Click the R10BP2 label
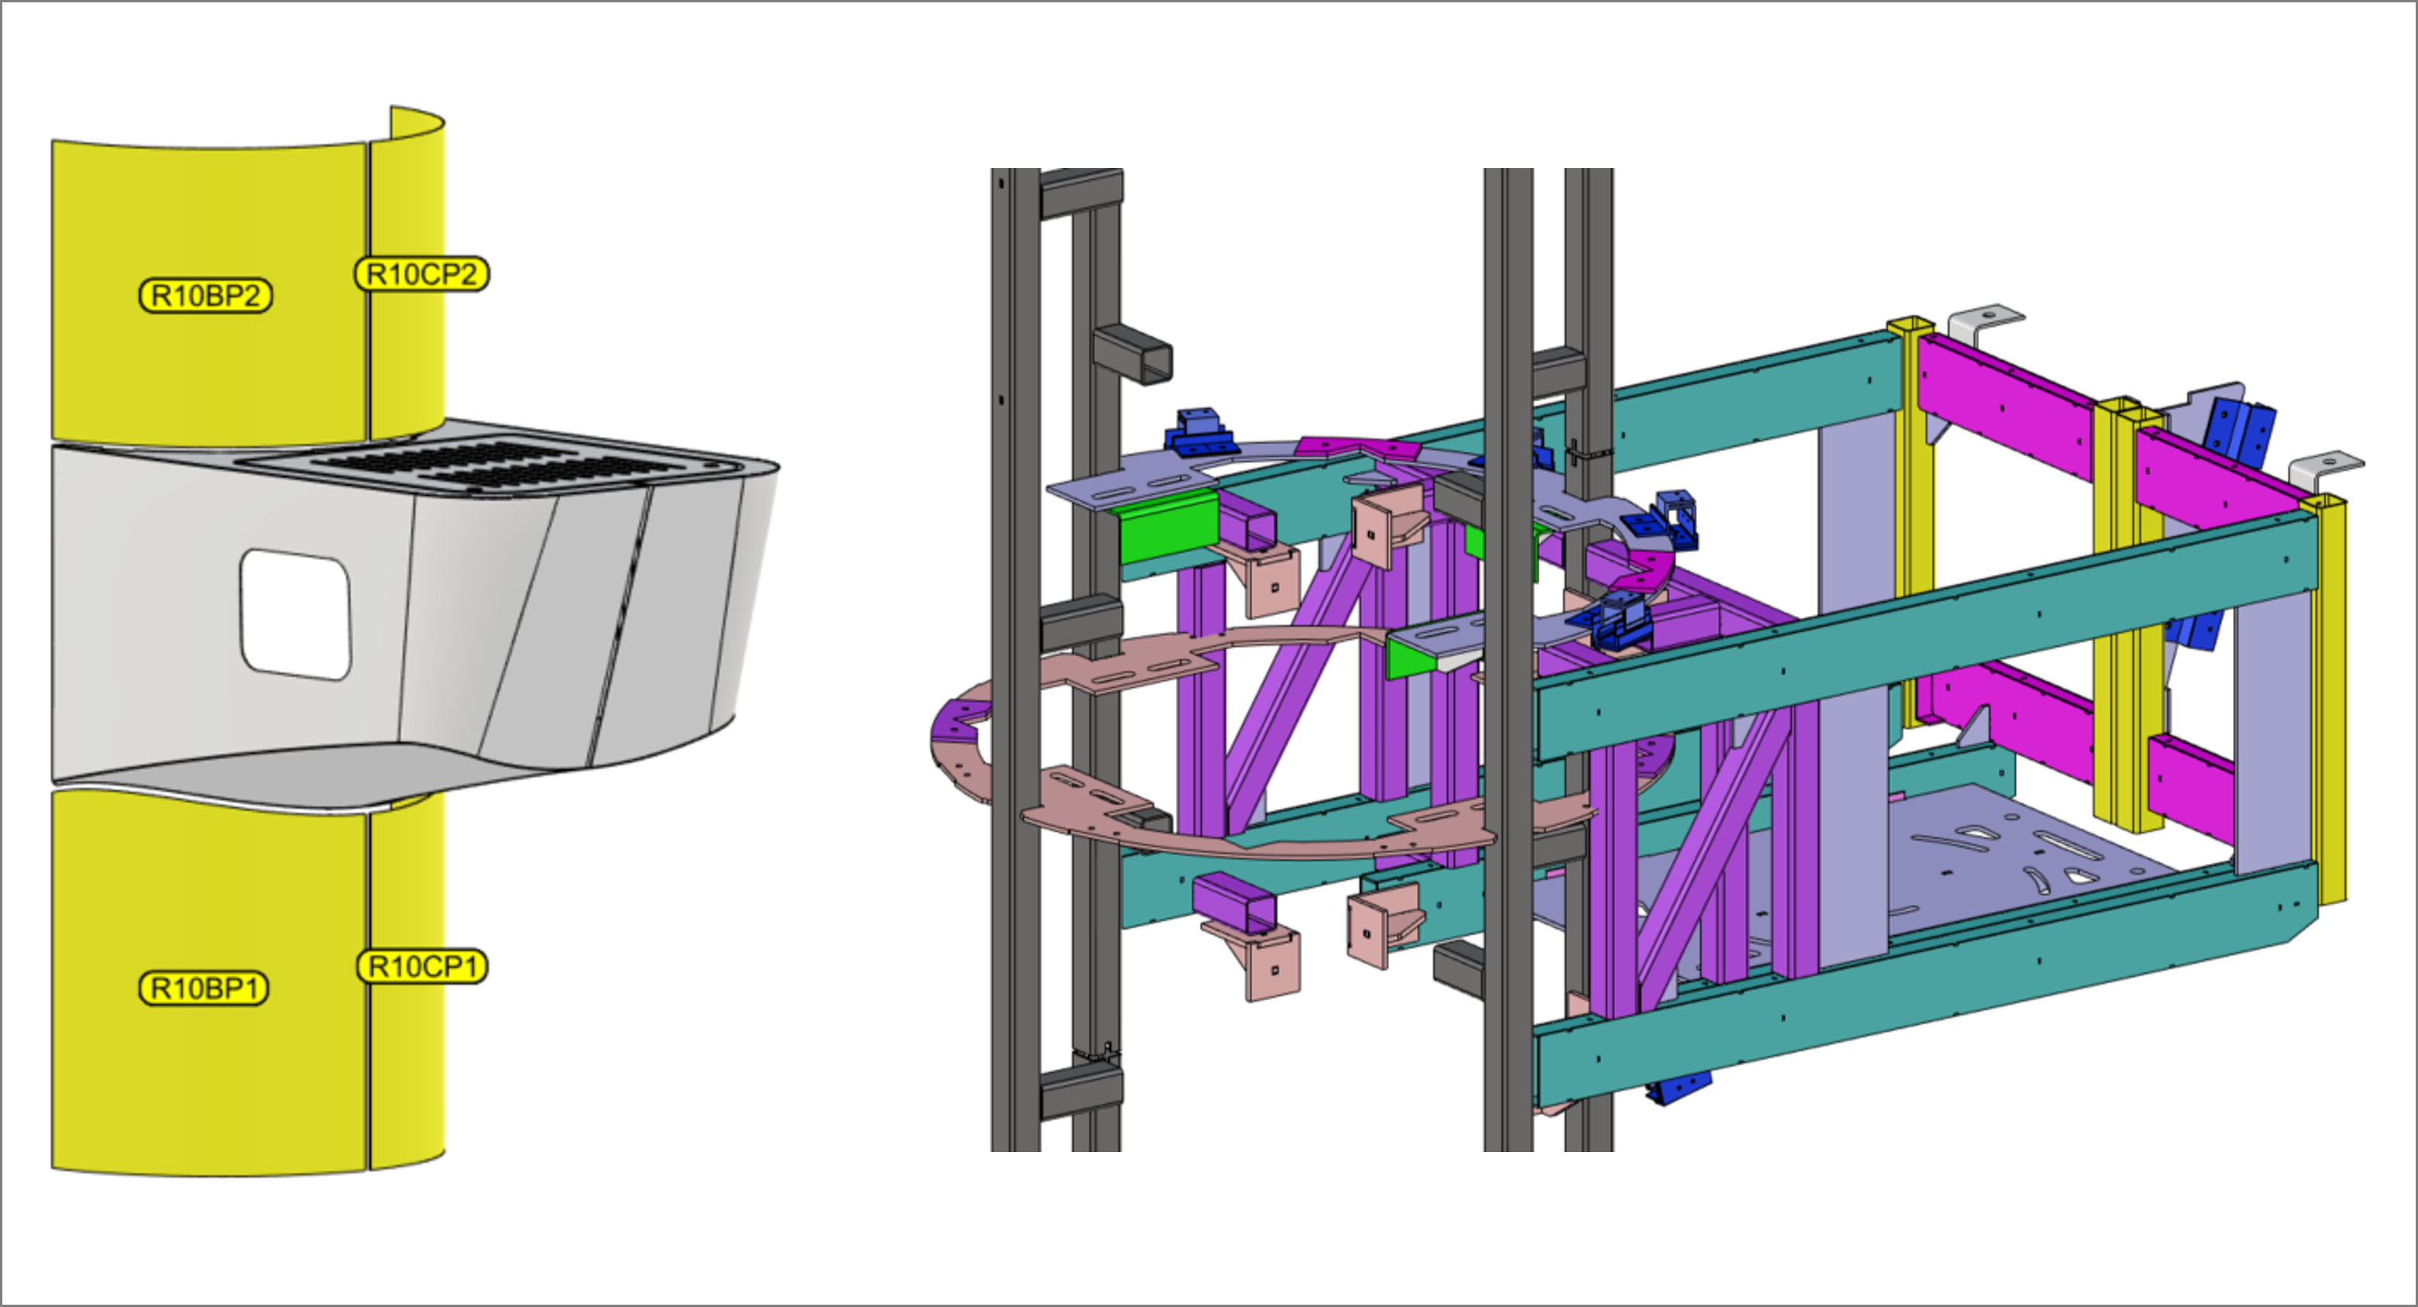pos(206,296)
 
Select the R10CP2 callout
pos(421,274)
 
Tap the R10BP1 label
pos(204,988)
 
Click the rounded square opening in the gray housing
pos(296,614)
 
